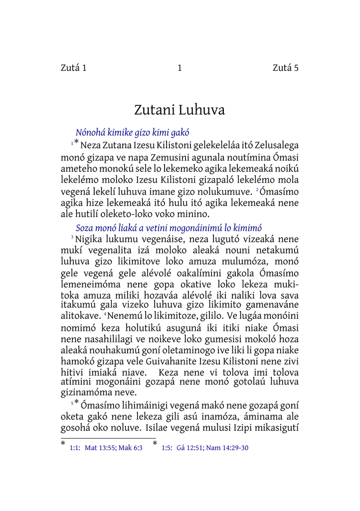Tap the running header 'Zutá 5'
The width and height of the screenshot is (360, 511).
click(x=286, y=68)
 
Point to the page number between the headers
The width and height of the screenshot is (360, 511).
click(x=180, y=68)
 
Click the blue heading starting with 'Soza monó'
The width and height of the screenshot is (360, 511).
click(x=169, y=228)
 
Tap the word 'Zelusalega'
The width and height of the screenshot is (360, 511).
click(x=277, y=146)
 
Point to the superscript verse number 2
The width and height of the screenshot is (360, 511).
click(x=257, y=191)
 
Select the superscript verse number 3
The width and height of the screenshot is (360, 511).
click(x=72, y=237)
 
